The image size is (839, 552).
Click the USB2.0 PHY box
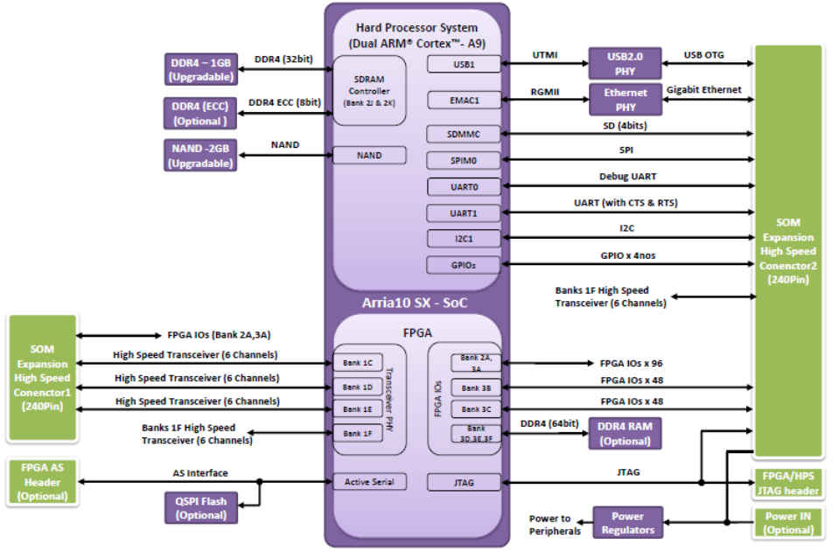tap(625, 64)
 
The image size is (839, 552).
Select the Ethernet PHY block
tap(625, 100)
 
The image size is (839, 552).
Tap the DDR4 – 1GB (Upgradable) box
tap(199, 68)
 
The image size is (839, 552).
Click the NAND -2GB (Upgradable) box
tap(199, 156)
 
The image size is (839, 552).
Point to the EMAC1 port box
tap(464, 100)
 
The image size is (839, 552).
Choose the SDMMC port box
tap(464, 134)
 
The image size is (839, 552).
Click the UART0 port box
tap(464, 186)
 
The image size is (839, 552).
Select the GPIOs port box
tap(464, 264)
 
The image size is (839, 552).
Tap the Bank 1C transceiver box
tap(358, 362)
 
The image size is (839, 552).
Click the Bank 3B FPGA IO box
tap(476, 388)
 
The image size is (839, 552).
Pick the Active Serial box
tap(369, 481)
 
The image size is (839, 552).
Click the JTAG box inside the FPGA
tap(464, 481)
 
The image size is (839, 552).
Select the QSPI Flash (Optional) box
tap(200, 508)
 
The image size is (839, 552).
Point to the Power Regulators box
tap(627, 523)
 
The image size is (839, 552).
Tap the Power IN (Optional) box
tap(788, 522)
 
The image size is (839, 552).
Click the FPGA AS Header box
tap(43, 482)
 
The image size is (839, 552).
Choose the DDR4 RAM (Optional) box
tap(625, 432)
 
